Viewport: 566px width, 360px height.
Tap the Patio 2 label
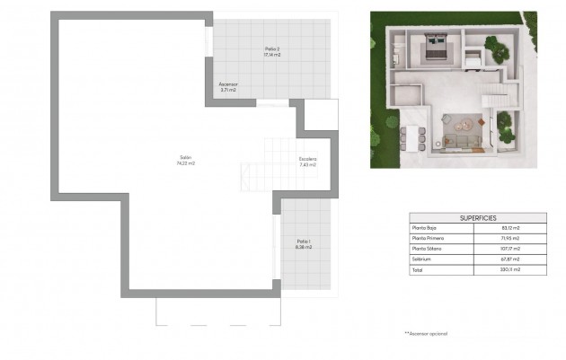coord(272,48)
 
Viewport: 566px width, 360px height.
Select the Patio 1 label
coord(304,241)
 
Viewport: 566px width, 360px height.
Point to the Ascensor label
coord(228,85)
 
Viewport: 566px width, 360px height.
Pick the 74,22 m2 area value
coord(186,164)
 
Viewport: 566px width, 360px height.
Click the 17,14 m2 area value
coord(272,55)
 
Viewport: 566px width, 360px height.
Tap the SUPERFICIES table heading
coord(478,218)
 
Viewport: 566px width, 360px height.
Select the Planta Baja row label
coord(424,228)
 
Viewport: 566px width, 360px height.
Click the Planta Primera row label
coord(427,238)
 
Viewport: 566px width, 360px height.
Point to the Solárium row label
coord(421,259)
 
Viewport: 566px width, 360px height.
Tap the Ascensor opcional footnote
coord(426,333)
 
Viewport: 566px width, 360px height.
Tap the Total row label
coord(418,268)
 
